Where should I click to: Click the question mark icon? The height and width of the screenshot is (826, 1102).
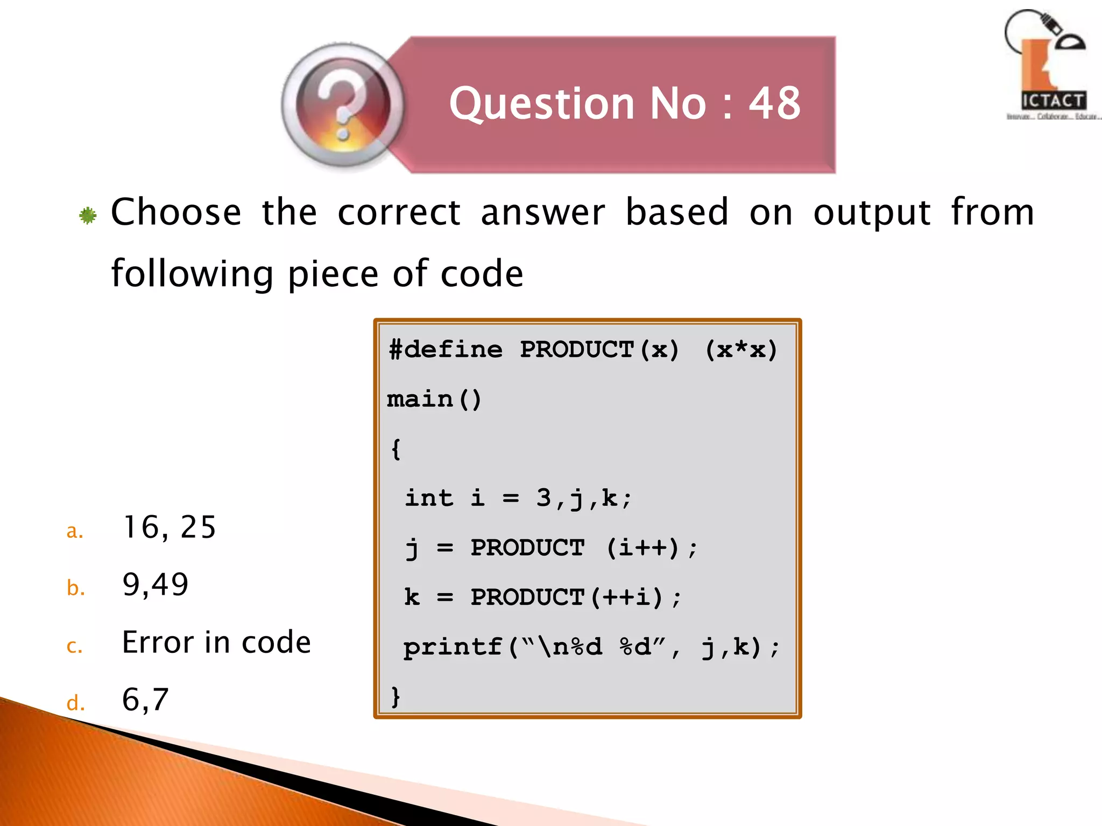tap(343, 105)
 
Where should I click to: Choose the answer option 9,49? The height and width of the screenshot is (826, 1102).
tap(155, 585)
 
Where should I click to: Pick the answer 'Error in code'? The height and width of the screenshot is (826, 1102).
tap(216, 642)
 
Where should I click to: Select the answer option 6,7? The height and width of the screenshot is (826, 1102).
tap(145, 700)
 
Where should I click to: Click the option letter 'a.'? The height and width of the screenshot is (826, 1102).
tap(75, 531)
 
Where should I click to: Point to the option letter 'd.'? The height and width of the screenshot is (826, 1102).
tap(75, 703)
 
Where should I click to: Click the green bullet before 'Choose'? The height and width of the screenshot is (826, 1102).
tap(88, 216)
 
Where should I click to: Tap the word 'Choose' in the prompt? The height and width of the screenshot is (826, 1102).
tap(176, 212)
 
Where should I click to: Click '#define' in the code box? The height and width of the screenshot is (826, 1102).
tap(446, 350)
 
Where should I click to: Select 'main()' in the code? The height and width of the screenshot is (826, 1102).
tap(434, 400)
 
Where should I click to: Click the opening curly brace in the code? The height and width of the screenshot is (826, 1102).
tap(396, 448)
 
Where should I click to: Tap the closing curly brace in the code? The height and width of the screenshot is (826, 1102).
tap(395, 697)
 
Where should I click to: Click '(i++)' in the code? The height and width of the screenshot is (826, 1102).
tap(642, 548)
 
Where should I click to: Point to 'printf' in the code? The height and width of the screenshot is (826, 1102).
tap(453, 647)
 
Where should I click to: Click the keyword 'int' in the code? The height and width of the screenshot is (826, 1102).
tap(429, 498)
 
